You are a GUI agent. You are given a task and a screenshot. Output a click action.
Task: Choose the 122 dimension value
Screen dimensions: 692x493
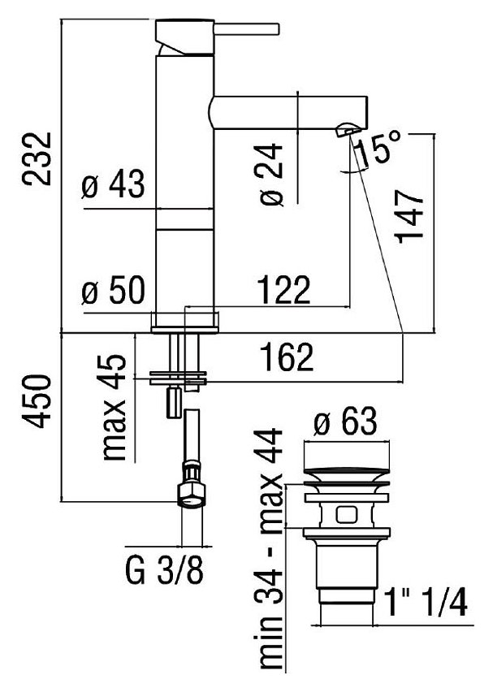[x=283, y=289]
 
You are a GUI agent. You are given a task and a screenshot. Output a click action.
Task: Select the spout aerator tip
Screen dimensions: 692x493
[x=347, y=128]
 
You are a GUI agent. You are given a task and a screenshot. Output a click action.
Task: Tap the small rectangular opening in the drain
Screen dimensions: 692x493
[x=344, y=513]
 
